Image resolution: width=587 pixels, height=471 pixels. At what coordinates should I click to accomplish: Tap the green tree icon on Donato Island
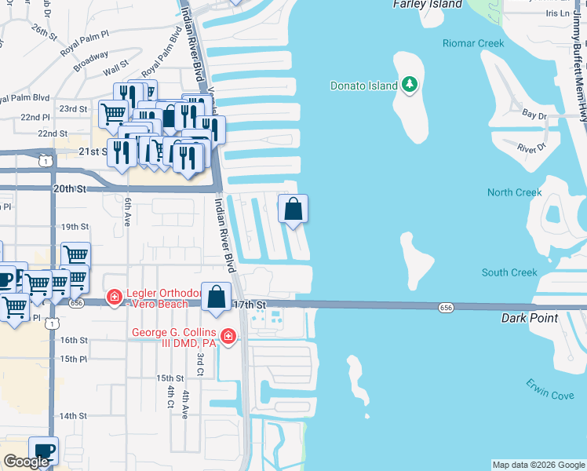tap(409, 84)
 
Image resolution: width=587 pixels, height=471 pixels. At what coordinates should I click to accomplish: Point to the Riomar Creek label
tap(472, 43)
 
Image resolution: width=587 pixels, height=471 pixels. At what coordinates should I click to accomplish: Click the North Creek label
tap(514, 192)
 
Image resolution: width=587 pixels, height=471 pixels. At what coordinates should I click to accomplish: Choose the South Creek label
tap(509, 272)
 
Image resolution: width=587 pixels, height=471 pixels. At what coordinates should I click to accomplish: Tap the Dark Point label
tap(530, 318)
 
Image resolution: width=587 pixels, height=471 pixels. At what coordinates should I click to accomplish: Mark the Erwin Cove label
tap(550, 394)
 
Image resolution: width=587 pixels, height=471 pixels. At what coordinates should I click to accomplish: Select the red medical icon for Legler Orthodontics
tap(115, 297)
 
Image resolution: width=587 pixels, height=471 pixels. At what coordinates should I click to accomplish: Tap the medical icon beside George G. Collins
tap(228, 336)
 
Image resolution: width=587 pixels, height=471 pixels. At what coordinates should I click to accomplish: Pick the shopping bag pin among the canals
tap(293, 209)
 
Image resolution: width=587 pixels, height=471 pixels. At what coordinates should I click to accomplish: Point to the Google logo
tap(26, 462)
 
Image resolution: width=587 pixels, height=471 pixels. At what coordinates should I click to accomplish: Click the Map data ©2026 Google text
tap(538, 465)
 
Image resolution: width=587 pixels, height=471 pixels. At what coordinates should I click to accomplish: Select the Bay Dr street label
tap(535, 115)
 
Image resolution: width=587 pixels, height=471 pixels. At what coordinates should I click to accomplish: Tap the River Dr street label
tap(531, 147)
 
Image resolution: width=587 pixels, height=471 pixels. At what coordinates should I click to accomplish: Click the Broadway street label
tap(91, 61)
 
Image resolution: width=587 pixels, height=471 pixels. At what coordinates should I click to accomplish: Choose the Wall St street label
tap(115, 72)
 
